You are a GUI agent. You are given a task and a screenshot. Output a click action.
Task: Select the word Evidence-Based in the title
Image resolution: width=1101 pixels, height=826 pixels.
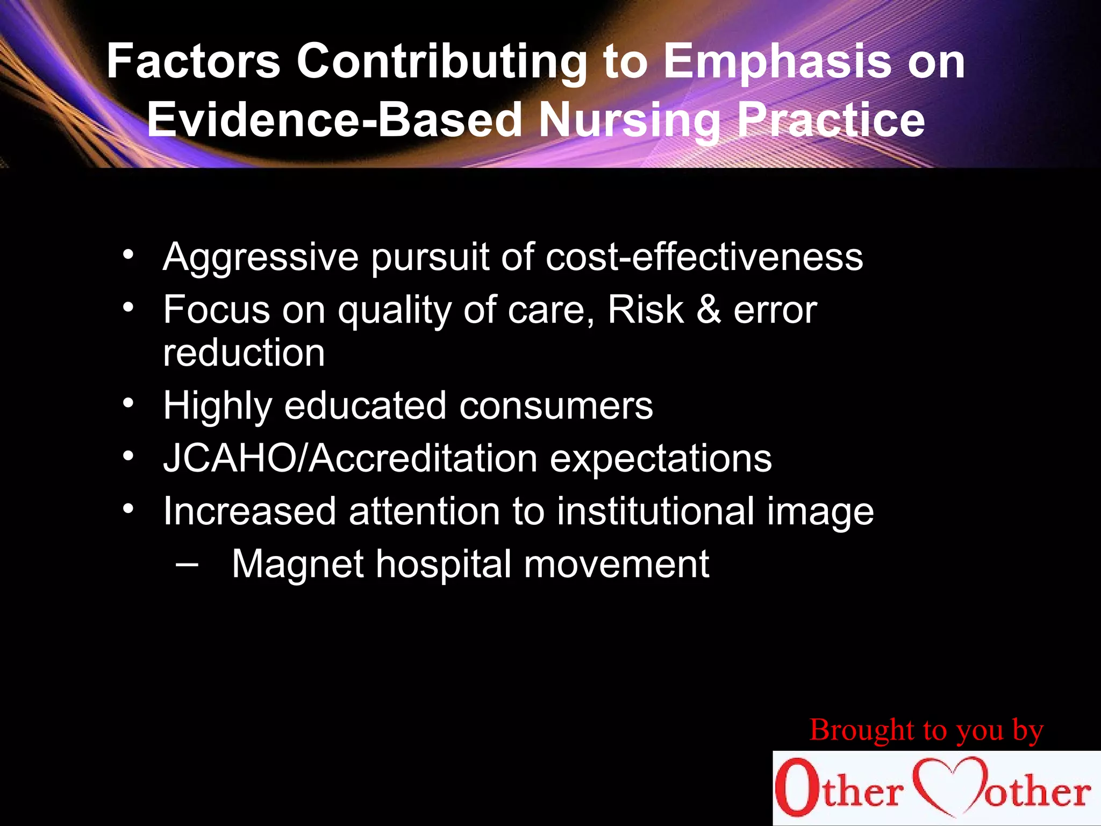[x=334, y=119]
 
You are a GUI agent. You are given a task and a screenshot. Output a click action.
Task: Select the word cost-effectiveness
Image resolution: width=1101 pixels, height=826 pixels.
[x=704, y=257]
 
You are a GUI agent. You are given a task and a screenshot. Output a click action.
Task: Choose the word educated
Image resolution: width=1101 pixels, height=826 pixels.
[x=365, y=405]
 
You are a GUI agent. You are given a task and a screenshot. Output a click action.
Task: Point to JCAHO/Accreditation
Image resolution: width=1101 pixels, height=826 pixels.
[x=351, y=458]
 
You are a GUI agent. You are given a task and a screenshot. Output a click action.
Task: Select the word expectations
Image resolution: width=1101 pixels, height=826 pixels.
[x=661, y=459]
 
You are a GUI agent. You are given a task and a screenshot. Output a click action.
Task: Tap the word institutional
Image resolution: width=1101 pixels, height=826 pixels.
[x=655, y=511]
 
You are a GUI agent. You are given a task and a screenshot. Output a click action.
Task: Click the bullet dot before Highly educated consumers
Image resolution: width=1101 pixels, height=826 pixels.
[x=128, y=403]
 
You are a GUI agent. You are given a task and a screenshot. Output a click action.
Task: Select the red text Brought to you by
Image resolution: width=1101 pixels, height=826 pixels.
[x=926, y=730]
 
